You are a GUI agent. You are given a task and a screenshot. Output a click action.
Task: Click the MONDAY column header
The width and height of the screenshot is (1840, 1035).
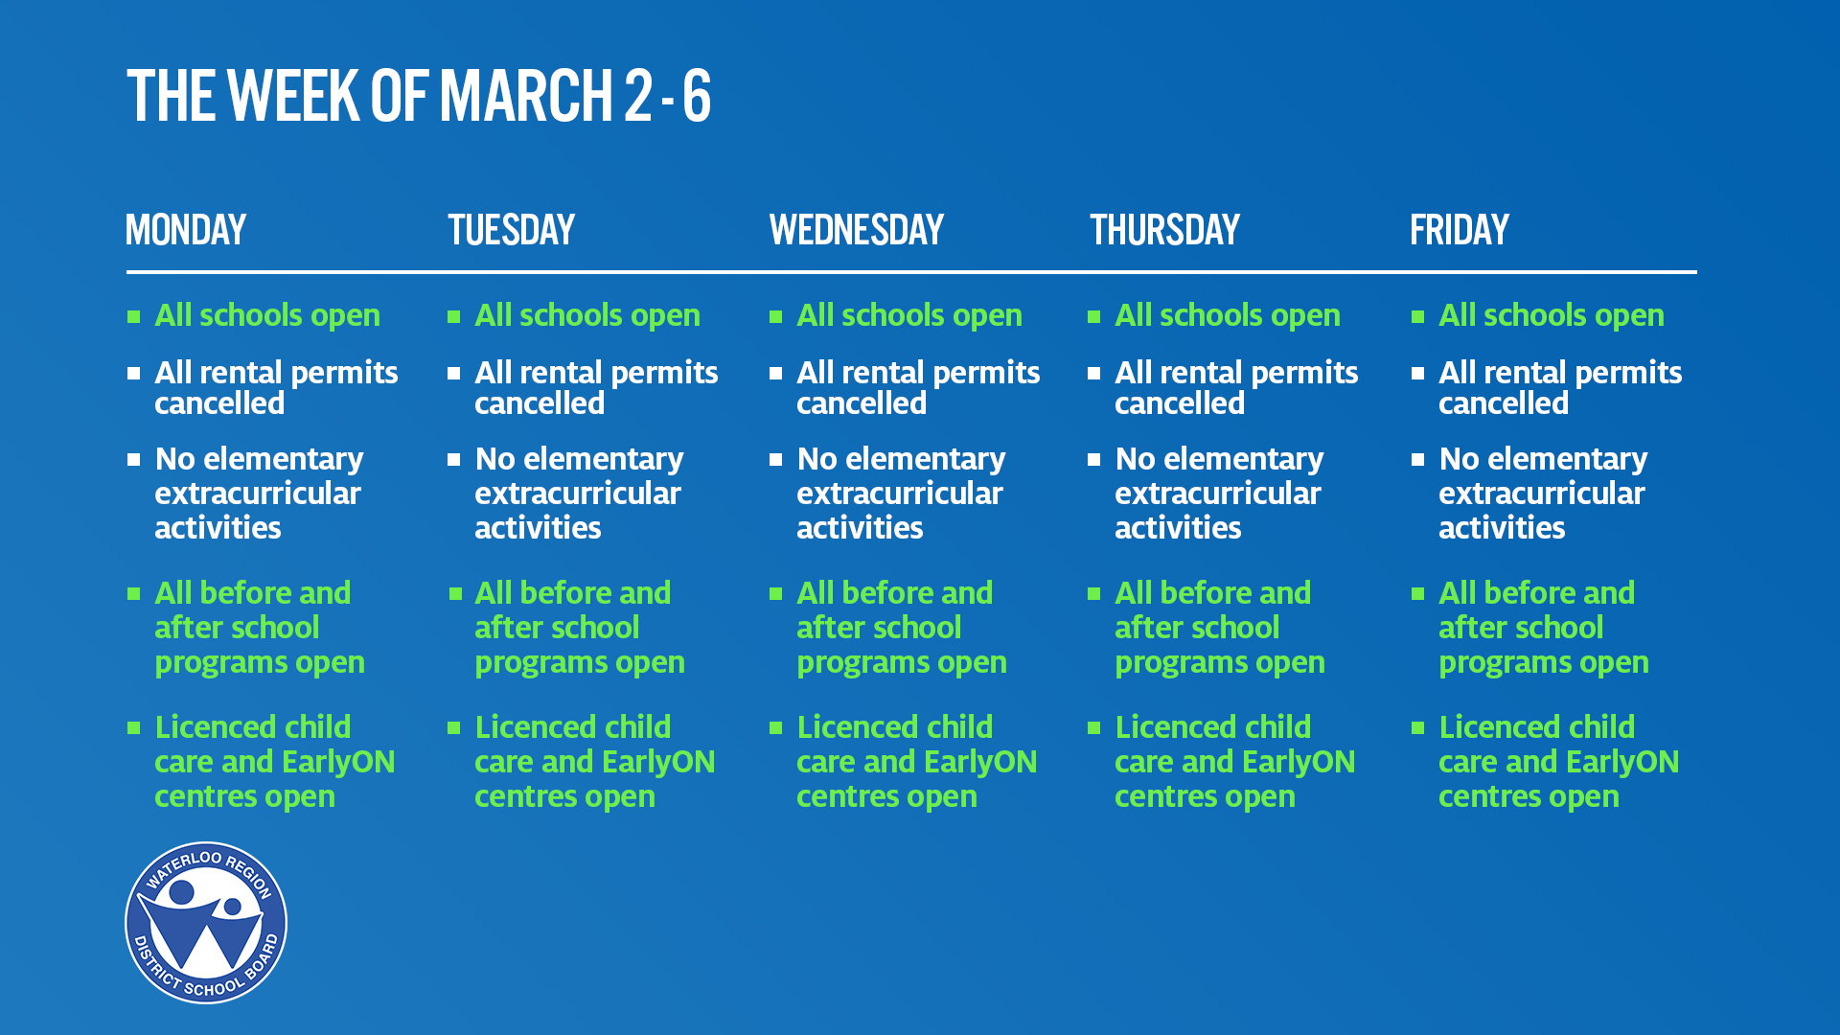186,230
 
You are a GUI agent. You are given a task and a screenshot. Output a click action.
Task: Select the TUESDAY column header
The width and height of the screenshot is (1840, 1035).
511,230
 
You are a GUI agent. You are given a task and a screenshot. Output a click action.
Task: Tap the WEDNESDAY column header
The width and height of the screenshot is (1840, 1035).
857,230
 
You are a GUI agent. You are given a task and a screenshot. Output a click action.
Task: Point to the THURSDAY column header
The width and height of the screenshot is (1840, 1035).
1164,230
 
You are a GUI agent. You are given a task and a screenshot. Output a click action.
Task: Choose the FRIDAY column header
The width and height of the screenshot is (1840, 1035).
1460,230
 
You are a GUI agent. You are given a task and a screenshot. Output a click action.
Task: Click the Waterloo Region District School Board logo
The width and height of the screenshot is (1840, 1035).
206,923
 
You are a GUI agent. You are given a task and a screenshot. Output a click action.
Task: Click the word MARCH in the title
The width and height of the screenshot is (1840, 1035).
526,96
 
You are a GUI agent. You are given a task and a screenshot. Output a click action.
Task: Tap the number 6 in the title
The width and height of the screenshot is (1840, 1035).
697,96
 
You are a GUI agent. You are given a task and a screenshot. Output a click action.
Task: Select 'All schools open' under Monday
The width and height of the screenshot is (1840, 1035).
267,315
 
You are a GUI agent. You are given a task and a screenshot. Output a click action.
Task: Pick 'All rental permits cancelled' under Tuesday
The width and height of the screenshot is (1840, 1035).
596,387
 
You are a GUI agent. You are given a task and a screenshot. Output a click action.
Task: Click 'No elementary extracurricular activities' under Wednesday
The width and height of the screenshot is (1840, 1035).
901,493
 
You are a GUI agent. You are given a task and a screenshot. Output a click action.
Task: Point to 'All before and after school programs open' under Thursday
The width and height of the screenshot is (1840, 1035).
1219,628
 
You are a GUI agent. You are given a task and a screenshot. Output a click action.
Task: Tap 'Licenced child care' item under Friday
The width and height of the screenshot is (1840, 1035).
1558,762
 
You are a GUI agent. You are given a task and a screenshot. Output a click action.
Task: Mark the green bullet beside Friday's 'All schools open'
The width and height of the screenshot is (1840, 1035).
1417,316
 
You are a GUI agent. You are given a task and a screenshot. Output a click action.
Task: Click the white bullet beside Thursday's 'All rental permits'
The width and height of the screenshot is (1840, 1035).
1093,373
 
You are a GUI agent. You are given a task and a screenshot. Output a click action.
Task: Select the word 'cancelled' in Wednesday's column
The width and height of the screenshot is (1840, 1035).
862,403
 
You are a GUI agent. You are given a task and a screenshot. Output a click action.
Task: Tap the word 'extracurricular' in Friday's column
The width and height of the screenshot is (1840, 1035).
1541,494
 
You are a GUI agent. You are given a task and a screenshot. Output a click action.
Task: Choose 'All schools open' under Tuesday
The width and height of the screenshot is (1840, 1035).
587,315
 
